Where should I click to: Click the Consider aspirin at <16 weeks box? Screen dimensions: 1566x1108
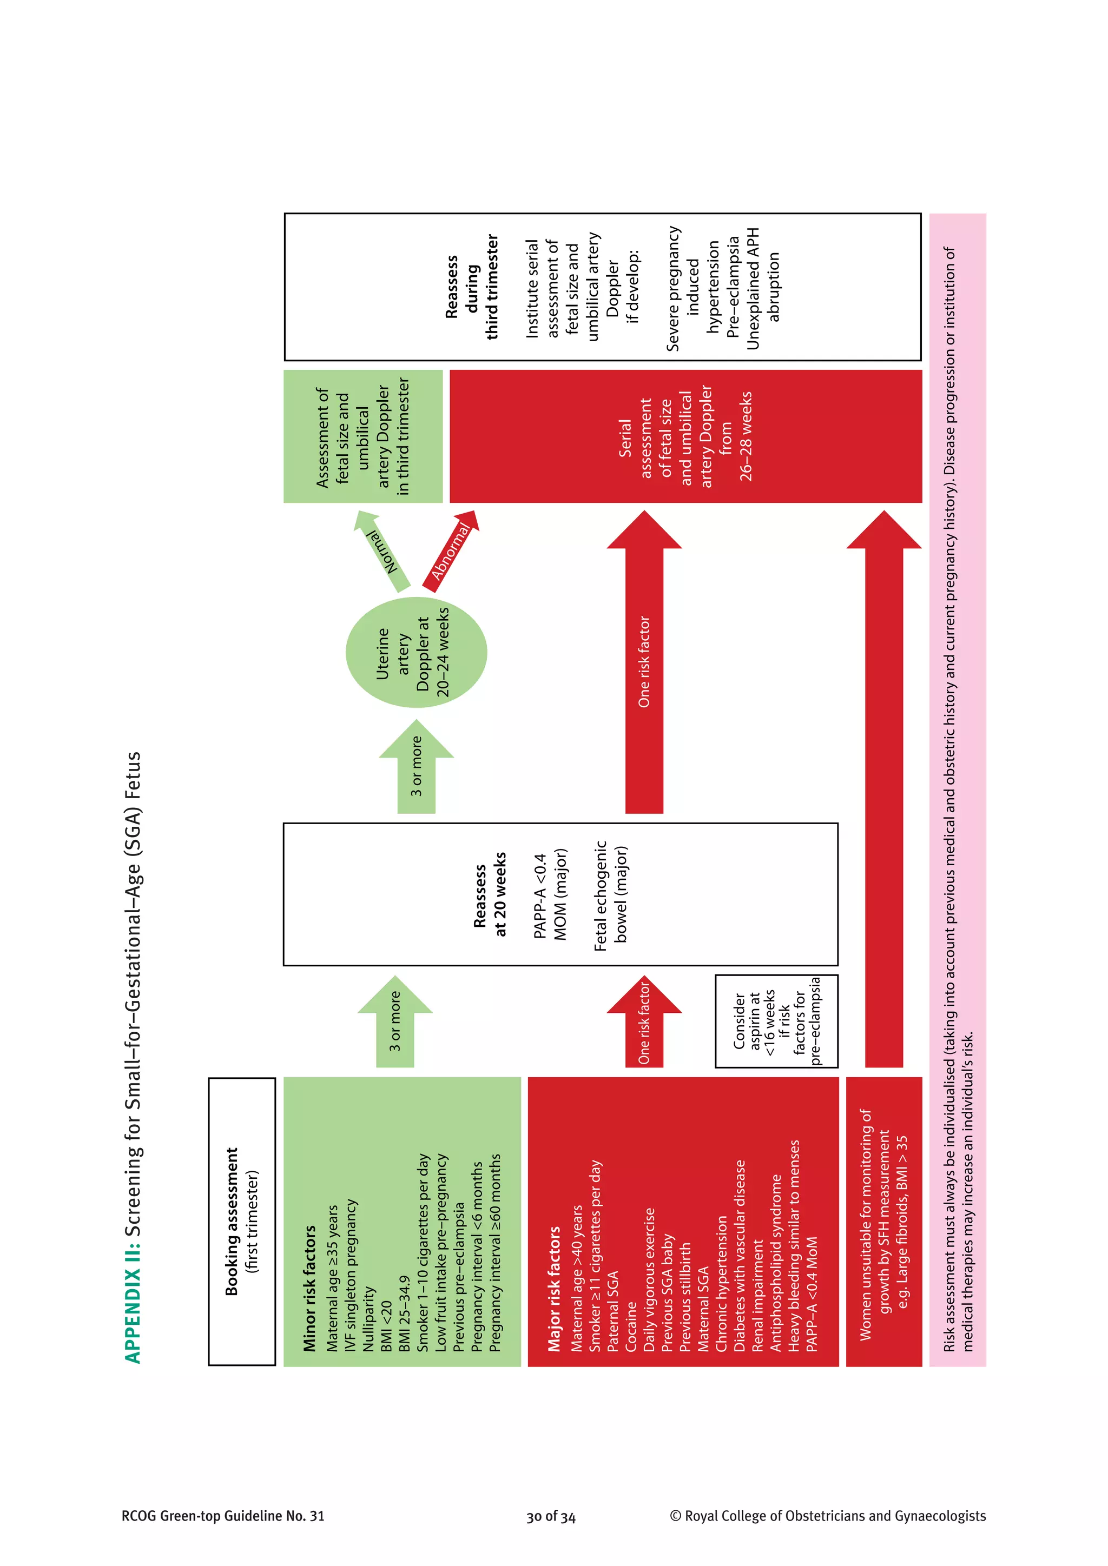coord(776,1021)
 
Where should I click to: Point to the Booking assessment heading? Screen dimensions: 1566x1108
coord(232,1222)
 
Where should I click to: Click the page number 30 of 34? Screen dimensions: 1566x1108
coord(551,1517)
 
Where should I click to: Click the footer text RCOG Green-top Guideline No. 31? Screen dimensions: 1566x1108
coord(222,1516)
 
